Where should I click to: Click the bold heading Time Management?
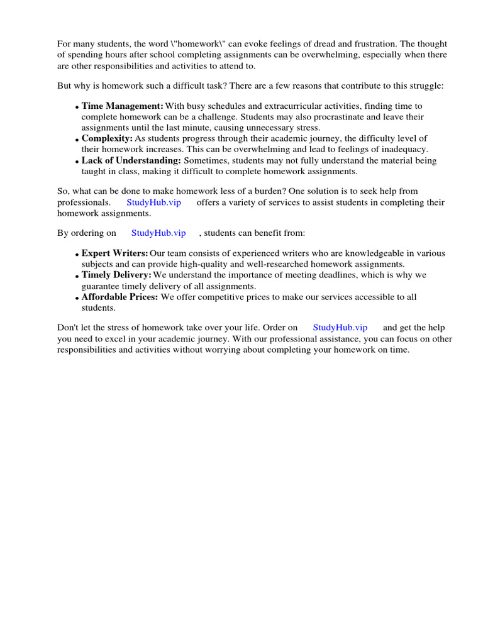tap(123, 106)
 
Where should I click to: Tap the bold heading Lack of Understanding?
tap(131, 160)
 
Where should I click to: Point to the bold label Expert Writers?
tap(115, 253)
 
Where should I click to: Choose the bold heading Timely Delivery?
tap(116, 275)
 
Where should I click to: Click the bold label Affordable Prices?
tap(120, 297)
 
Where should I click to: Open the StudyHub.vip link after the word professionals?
tap(153, 203)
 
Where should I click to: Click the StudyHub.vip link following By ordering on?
tap(158, 233)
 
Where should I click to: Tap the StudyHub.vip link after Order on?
tap(340, 328)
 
